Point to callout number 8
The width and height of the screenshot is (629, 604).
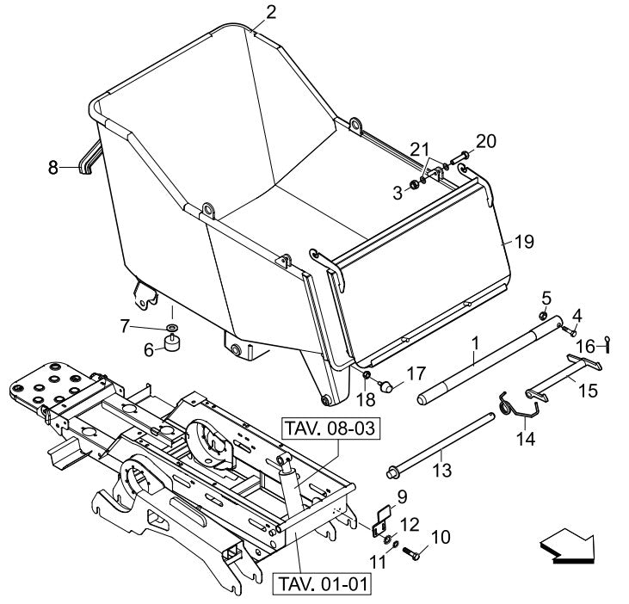tap(53, 168)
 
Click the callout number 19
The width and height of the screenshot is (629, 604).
tap(525, 243)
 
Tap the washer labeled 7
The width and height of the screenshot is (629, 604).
tap(172, 328)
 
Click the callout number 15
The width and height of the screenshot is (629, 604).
tap(588, 390)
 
